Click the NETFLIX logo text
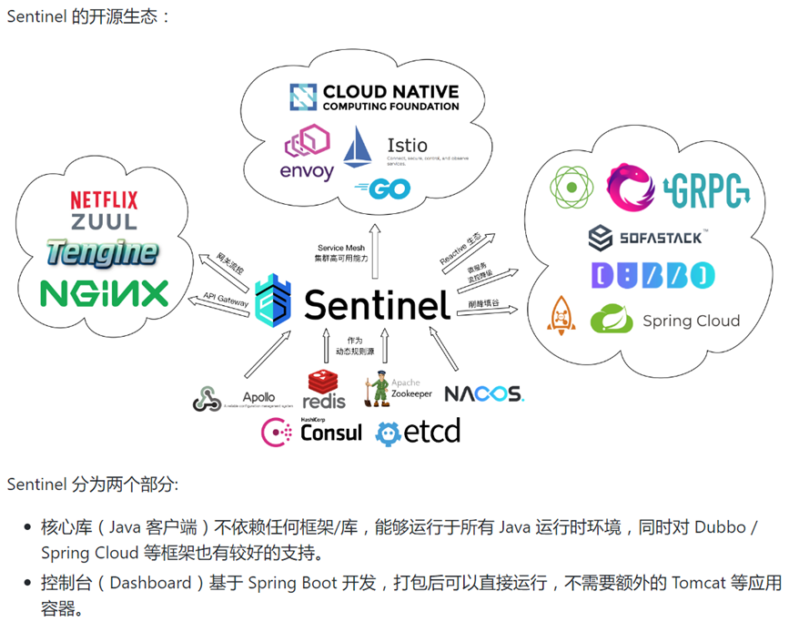coord(104,199)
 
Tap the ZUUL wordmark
coord(104,221)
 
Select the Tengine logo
coord(102,253)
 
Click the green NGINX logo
coord(104,293)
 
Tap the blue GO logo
coord(382,189)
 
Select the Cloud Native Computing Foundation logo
coord(374,97)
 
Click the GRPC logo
coord(708,188)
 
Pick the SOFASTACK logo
coord(645,238)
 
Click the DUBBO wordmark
coord(652,275)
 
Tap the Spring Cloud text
coord(691,321)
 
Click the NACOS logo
coord(483,394)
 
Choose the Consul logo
coord(312,431)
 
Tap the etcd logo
coord(419,431)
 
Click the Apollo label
coord(258,397)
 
